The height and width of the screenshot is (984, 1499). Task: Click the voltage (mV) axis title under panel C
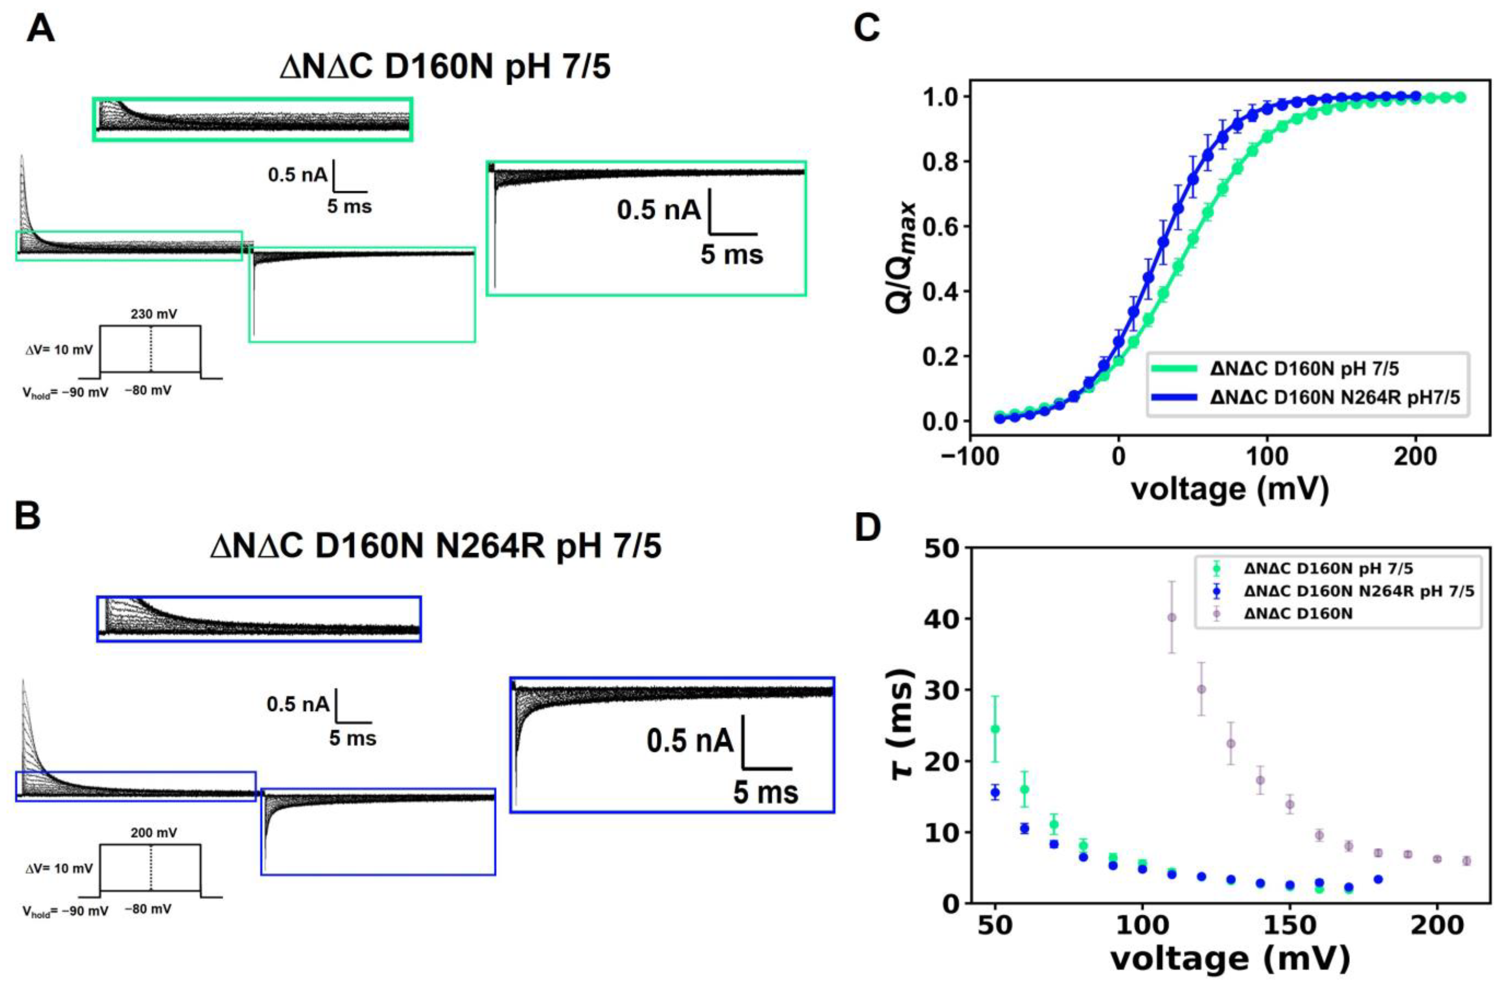(1229, 489)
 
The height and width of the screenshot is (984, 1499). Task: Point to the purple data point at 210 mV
(1466, 861)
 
